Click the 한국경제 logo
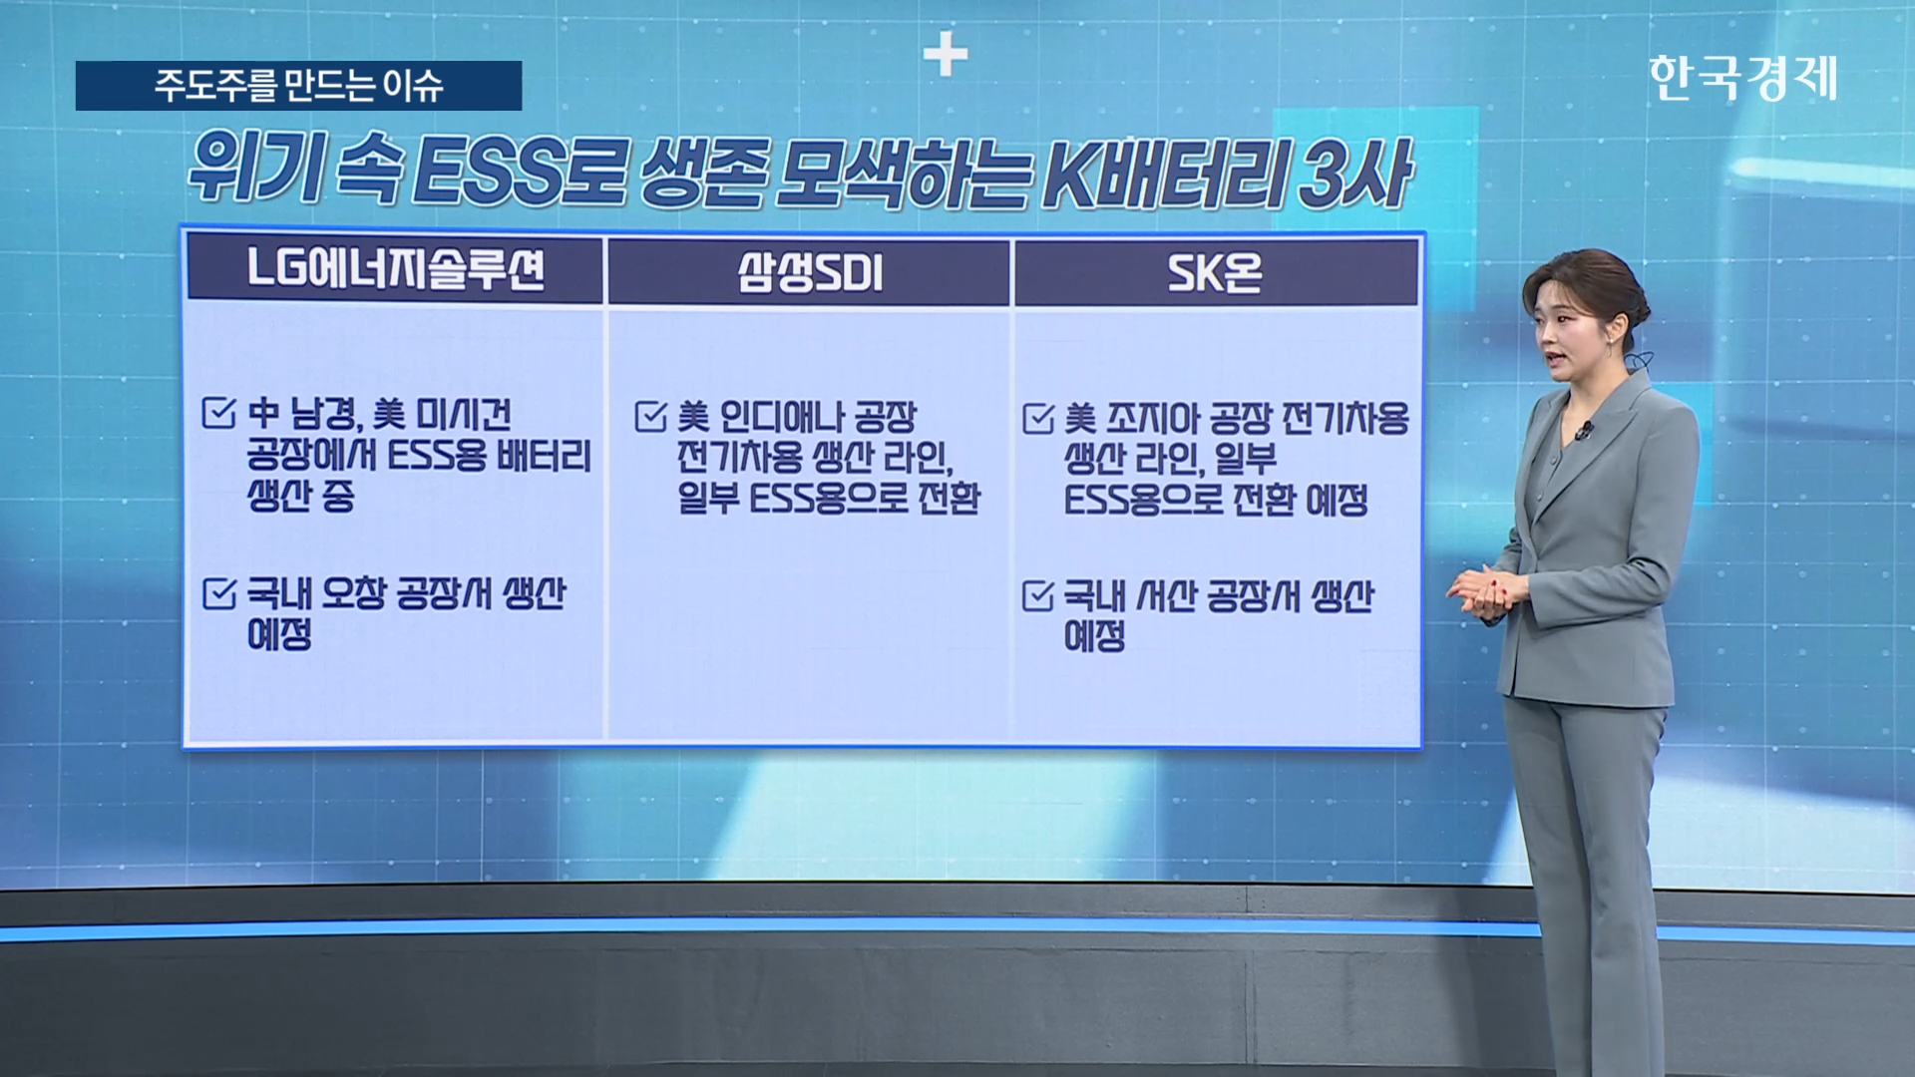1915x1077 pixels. pyautogui.click(x=1742, y=78)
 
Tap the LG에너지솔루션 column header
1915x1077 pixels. pyautogui.click(x=395, y=269)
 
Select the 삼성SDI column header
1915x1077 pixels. pyautogui.click(x=809, y=271)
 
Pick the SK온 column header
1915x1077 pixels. pyautogui.click(x=1216, y=272)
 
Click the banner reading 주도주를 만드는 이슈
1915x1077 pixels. pyautogui.click(x=298, y=86)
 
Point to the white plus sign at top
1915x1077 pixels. pyautogui.click(x=945, y=54)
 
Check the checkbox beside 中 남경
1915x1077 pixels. pyautogui.click(x=218, y=412)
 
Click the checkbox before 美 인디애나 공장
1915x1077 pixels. pyautogui.click(x=650, y=416)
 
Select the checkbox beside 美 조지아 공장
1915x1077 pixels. pyautogui.click(x=1038, y=419)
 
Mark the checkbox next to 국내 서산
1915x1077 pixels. pyautogui.click(x=1038, y=596)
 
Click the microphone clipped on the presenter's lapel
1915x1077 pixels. pyautogui.click(x=1583, y=432)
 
